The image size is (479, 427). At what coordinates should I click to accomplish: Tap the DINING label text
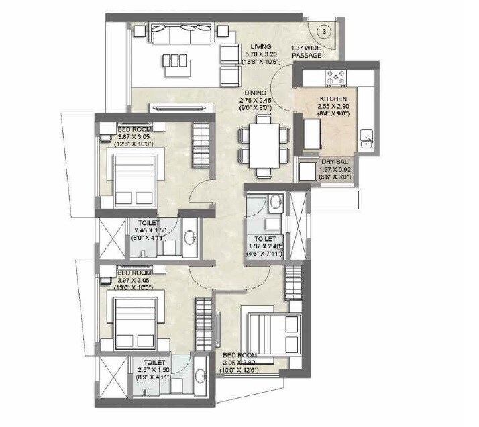coord(255,93)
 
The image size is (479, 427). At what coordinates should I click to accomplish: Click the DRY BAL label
coord(333,162)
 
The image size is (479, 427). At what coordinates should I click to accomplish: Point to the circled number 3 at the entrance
coord(324,31)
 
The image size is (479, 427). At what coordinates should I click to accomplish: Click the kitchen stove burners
coord(333,79)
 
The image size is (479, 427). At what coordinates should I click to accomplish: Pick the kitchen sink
coord(366,138)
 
